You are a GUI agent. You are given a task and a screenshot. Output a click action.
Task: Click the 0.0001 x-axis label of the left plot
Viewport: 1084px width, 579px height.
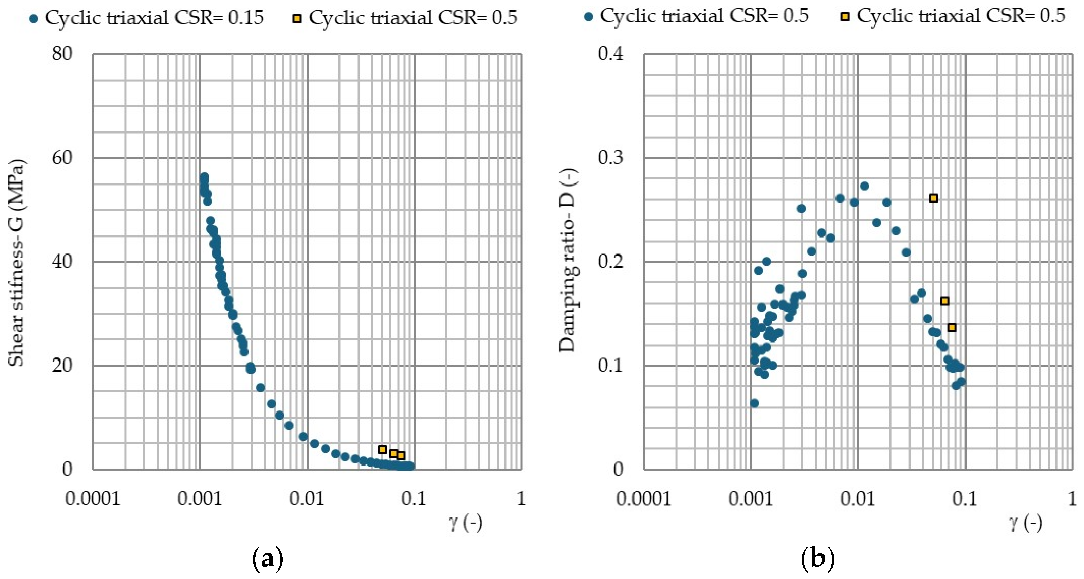point(93,499)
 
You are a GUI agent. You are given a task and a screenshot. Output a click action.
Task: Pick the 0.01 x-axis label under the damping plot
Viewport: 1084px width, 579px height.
point(858,499)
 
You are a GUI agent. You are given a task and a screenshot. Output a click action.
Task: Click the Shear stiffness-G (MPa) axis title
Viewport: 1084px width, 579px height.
point(17,262)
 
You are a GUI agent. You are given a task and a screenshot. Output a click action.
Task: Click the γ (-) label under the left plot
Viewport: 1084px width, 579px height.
point(465,523)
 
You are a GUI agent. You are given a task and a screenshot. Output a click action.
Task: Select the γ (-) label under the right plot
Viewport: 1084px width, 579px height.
point(1026,523)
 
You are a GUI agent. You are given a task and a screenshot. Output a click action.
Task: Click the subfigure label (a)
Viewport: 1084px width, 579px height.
point(268,560)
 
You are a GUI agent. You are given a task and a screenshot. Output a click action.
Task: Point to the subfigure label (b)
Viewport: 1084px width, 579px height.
point(817,560)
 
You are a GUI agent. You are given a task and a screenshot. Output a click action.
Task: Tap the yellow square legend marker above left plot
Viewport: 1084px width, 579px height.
point(297,19)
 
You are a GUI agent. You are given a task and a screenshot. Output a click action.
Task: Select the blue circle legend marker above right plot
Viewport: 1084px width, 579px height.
point(589,17)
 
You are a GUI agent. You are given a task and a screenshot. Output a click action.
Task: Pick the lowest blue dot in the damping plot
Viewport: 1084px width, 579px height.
point(754,403)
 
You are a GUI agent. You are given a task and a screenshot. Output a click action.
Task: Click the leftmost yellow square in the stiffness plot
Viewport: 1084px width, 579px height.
point(383,450)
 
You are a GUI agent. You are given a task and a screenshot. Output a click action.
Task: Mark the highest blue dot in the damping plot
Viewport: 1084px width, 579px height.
point(864,186)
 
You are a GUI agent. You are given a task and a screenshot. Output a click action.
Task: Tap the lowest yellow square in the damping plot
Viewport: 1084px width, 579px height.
point(952,328)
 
